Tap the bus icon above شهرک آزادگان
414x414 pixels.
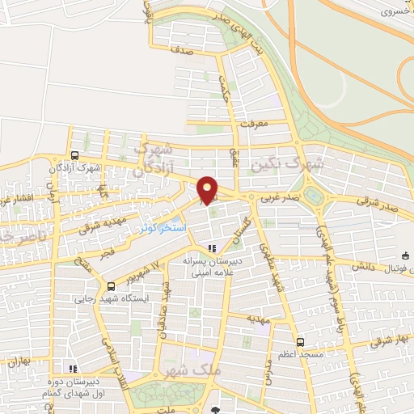75,156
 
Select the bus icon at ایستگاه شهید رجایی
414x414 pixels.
111,285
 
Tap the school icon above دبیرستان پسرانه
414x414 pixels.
213,249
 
